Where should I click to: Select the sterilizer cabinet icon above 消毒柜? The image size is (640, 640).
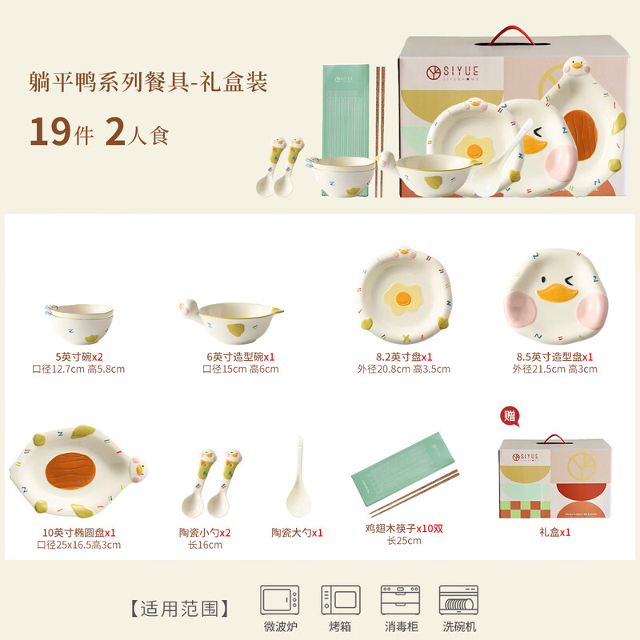(400, 600)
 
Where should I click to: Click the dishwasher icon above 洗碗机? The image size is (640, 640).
(458, 600)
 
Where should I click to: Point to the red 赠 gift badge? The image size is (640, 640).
(510, 416)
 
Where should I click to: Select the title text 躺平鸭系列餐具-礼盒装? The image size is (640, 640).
(147, 82)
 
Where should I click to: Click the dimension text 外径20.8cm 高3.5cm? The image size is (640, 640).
(403, 370)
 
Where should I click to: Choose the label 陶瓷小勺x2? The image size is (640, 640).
(205, 533)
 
